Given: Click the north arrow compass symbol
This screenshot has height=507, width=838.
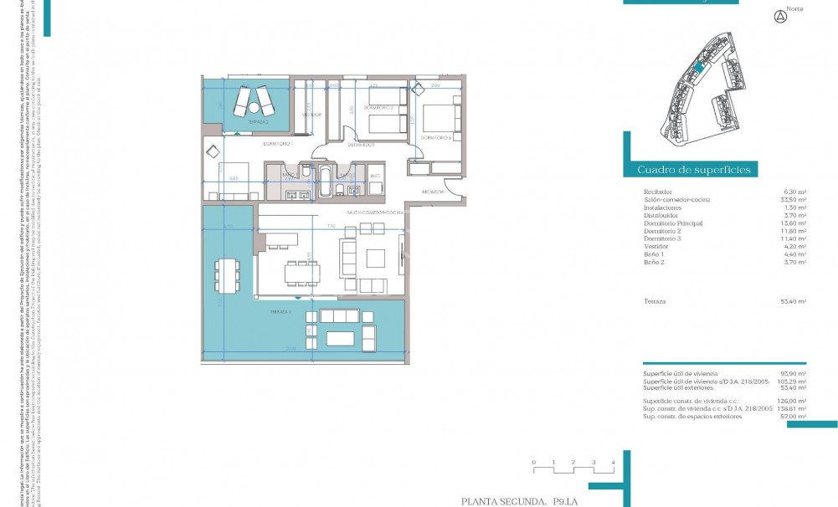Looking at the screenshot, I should (780, 16).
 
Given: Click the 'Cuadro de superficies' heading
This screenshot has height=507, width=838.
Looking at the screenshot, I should (694, 170).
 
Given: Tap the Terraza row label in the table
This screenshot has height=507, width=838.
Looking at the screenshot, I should (655, 300).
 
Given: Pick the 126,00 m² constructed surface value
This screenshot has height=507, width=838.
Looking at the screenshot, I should (794, 401).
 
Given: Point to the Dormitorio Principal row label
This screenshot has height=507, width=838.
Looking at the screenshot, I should (673, 223).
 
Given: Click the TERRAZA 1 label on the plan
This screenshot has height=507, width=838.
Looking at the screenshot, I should (280, 311).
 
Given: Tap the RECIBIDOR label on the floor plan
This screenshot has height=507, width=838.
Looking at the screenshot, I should (432, 192).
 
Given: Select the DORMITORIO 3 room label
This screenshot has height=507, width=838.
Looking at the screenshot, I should (436, 137).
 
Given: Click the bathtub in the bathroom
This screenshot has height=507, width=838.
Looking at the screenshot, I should (324, 181).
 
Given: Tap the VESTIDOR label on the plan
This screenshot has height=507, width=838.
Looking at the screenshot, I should (312, 114).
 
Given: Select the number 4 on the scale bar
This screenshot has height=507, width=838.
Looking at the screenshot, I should (614, 462).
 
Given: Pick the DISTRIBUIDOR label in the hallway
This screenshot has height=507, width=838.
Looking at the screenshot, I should (360, 145).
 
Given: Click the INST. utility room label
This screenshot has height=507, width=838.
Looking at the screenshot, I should (375, 175).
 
